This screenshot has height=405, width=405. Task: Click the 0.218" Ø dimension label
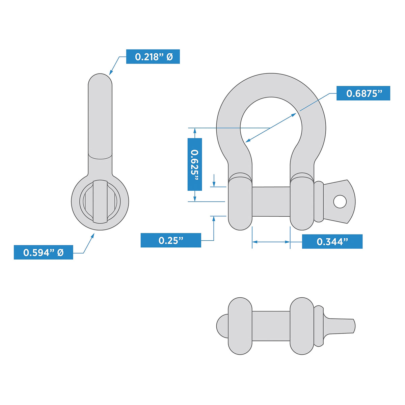tap(153, 57)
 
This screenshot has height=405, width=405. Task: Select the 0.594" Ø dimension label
tap(43, 252)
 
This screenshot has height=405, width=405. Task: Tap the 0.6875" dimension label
tap(363, 93)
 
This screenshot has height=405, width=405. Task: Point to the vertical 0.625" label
tap(195, 164)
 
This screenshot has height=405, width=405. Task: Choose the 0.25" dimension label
tap(171, 240)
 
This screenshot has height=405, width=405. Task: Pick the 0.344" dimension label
tap(332, 242)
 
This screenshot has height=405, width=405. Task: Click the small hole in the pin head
tap(340, 202)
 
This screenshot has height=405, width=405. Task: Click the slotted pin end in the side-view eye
tap(100, 201)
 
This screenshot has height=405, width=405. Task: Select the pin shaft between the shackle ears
tap(271, 201)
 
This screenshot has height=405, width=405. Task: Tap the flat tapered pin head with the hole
tap(339, 201)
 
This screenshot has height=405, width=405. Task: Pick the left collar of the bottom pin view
tap(240, 326)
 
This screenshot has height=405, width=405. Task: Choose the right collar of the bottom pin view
tap(302, 326)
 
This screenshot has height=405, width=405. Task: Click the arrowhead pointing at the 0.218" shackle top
tap(110, 73)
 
